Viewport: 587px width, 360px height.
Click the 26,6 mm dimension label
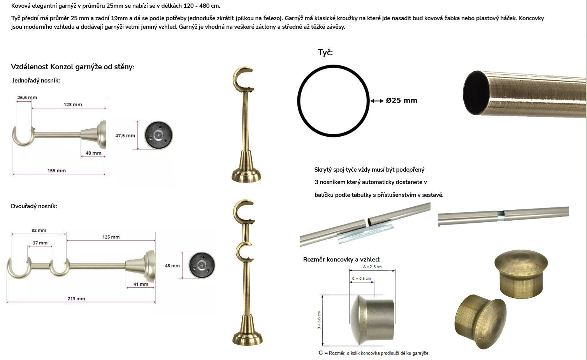27,97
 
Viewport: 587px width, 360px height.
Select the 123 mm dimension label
72,105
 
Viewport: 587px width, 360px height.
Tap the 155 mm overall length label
56,170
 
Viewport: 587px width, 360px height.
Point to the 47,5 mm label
125,135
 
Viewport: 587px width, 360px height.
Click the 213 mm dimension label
76,299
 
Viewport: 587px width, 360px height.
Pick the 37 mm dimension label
40,243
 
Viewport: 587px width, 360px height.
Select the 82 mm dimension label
39,230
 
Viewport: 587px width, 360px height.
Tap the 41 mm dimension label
141,284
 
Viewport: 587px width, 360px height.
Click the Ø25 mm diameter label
401,100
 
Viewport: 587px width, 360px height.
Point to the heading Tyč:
325,53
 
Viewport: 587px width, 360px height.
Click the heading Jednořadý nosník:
36,81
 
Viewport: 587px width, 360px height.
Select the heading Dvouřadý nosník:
34,206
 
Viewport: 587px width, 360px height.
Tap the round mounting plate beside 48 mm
202,265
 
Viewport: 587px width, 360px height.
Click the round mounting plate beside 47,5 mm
158,135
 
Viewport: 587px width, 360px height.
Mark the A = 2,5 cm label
372,267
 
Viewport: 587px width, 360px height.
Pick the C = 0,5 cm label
361,279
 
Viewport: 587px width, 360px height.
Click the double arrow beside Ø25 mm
377,101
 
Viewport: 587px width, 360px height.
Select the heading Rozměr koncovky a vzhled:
342,259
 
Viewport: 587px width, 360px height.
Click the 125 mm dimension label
111,237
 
